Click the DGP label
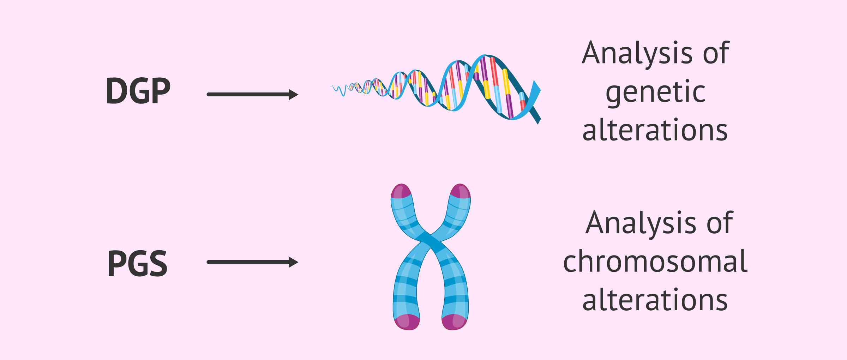coord(138,91)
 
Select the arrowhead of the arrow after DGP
coord(293,95)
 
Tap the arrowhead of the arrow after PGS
coord(293,262)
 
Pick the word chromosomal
coord(655,262)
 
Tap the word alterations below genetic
coord(655,130)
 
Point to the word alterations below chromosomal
coord(655,300)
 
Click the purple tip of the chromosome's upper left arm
coord(401,191)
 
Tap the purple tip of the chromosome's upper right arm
coord(460,191)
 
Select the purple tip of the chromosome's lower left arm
coord(407,322)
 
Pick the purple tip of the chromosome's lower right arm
coord(454,322)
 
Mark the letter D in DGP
coord(118,91)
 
